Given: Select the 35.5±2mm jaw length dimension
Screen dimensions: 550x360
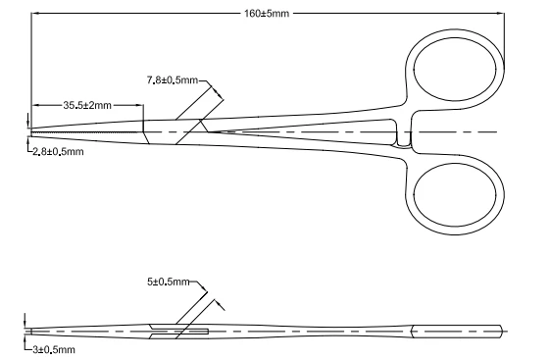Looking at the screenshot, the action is [87, 104].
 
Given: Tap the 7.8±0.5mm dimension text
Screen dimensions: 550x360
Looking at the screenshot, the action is [173, 78].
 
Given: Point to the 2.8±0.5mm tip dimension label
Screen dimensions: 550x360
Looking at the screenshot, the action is [58, 151].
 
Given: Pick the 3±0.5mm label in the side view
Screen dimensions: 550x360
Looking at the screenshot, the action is [52, 348].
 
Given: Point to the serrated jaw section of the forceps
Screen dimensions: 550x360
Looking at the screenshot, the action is [88, 129].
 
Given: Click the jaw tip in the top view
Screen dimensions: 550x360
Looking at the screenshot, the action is [32, 131].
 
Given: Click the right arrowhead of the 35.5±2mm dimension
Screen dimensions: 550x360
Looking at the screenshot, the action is [141, 104].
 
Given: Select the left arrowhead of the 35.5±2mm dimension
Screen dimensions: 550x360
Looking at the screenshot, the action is [33, 104].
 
